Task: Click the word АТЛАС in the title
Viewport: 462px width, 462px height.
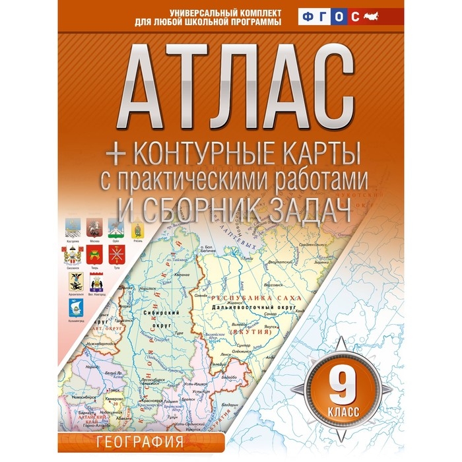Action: [230, 83]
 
